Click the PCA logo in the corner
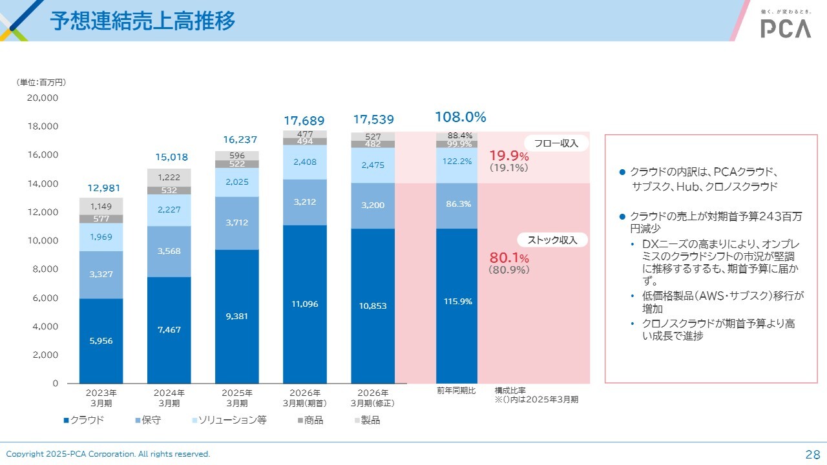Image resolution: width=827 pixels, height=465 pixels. (785, 28)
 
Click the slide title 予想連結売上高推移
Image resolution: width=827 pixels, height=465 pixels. (143, 21)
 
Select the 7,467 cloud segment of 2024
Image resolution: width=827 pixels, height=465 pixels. (169, 329)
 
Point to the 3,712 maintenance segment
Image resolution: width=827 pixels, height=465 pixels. (237, 223)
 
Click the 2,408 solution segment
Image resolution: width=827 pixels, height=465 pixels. (305, 162)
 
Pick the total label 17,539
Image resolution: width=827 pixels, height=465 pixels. (373, 119)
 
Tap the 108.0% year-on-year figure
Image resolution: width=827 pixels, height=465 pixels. (460, 117)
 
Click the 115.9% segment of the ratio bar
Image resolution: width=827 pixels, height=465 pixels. (457, 301)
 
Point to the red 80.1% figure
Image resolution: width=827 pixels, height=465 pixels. (509, 258)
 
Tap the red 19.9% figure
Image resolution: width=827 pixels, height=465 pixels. (509, 156)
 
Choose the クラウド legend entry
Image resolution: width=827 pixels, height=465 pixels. (84, 420)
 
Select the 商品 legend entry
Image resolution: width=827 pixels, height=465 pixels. (309, 420)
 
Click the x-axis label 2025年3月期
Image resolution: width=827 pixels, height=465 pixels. (237, 398)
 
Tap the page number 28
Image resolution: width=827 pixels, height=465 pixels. (812, 453)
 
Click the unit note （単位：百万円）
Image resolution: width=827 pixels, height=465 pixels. (41, 83)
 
